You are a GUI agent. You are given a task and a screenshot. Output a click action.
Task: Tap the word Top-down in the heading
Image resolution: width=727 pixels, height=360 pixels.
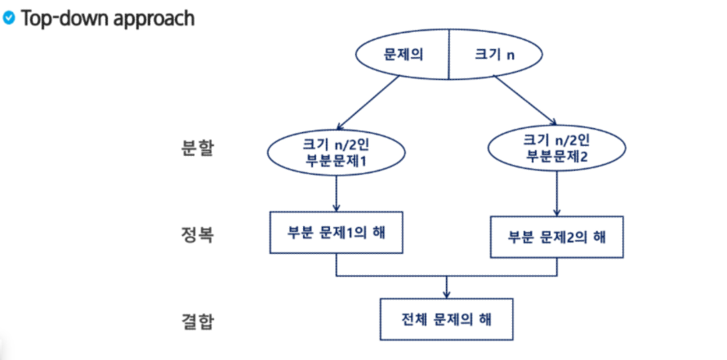[63, 18]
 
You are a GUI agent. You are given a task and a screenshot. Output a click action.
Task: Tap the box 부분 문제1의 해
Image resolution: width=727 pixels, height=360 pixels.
[337, 233]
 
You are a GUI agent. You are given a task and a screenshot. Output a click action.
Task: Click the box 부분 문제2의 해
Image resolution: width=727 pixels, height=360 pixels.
[556, 237]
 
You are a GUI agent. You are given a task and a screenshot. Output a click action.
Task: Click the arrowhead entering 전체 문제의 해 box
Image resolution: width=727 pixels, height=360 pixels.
[448, 292]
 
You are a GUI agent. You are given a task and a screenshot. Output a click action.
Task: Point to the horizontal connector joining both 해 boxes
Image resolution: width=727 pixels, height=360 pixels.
[448, 275]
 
